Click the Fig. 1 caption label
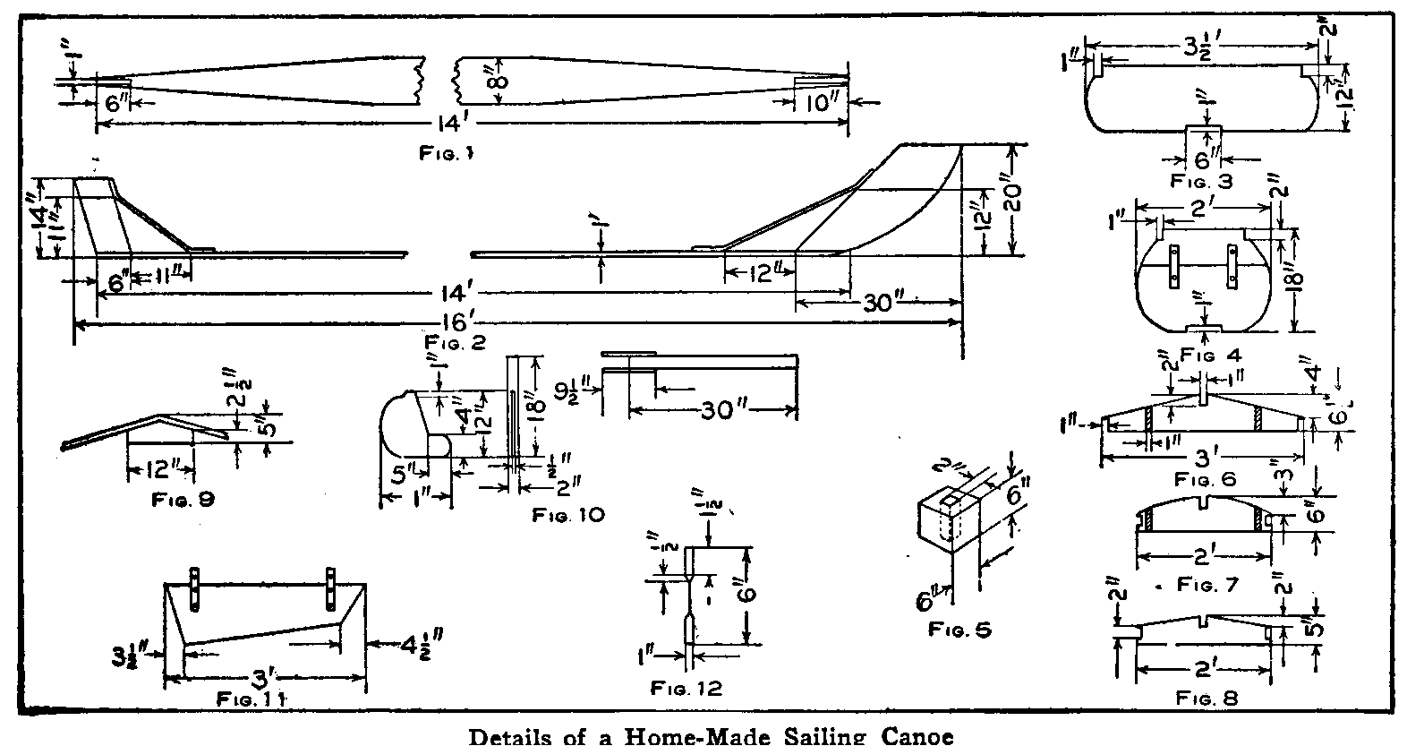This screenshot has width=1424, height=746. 445,153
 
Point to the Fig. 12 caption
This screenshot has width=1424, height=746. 686,688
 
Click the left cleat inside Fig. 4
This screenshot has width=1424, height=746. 1170,268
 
